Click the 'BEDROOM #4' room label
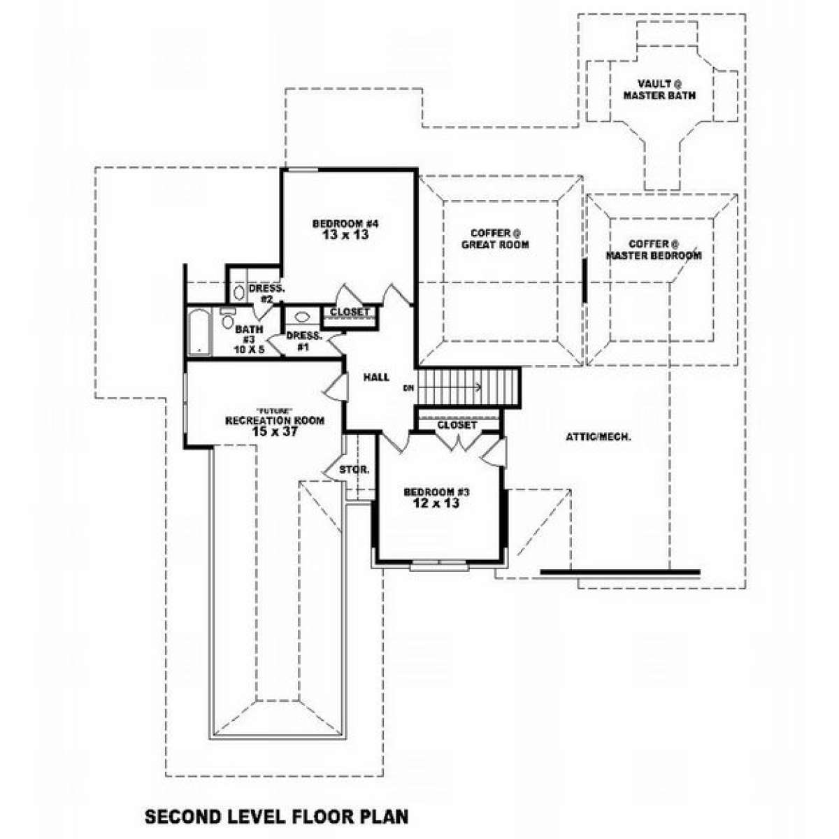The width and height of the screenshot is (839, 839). [345, 224]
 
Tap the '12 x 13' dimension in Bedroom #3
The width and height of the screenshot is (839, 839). [437, 503]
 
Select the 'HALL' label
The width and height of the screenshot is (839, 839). [377, 378]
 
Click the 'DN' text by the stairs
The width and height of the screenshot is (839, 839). [408, 387]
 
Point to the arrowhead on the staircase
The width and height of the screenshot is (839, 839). [478, 387]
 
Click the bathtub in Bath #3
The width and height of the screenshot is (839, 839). [199, 332]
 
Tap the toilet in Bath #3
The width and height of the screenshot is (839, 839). [227, 318]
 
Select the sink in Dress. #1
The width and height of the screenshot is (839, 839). [302, 317]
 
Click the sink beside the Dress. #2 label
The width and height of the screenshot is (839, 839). [238, 292]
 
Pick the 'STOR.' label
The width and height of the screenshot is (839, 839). [354, 470]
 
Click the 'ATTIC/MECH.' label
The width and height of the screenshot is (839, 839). [598, 437]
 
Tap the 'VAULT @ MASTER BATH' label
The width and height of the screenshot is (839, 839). [659, 89]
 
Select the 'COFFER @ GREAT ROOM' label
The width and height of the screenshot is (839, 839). [495, 238]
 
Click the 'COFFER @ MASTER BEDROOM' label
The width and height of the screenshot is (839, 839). [654, 250]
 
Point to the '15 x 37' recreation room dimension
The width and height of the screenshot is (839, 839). [275, 431]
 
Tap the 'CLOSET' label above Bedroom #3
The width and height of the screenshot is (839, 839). [457, 424]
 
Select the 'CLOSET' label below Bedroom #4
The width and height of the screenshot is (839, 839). [350, 312]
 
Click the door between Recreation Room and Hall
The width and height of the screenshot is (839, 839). [336, 387]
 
